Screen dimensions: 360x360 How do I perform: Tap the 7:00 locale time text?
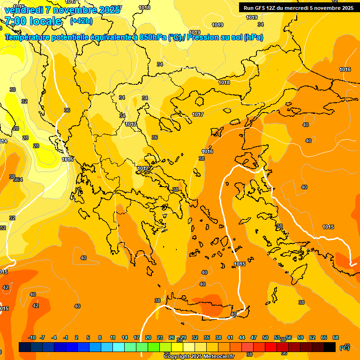point(33,21)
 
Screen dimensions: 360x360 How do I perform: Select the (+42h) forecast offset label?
point(81,21)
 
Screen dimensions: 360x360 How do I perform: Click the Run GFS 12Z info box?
point(296,7)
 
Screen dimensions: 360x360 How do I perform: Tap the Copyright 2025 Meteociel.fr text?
point(199,356)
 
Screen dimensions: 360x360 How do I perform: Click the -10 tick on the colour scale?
point(32,337)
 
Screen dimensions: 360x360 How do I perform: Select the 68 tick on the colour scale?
point(336,337)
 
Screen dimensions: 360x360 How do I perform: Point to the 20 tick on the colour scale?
point(148,337)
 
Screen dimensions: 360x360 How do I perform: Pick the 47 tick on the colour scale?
point(254,337)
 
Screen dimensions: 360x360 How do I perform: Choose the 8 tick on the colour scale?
point(100,337)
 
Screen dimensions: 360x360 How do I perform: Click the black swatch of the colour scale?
point(330,347)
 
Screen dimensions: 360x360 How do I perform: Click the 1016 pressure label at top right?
point(345,69)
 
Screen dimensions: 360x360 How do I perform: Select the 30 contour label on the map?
point(13,90)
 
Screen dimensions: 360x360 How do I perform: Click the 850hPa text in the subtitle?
point(153,37)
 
